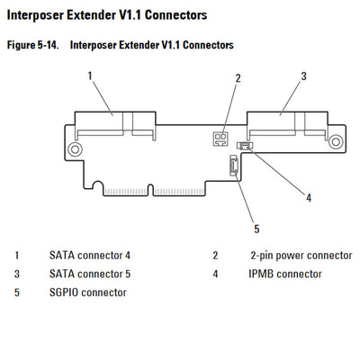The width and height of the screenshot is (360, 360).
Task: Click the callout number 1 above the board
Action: [x=91, y=76]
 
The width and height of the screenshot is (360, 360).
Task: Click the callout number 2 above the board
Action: [x=238, y=78]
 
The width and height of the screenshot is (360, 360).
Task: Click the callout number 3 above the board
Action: [x=303, y=76]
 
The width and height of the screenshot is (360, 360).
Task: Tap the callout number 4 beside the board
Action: [x=308, y=197]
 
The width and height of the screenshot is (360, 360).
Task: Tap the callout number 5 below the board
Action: [x=256, y=228]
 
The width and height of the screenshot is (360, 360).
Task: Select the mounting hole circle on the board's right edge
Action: [x=335, y=140]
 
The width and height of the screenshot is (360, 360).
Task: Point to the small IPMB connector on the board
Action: [x=244, y=146]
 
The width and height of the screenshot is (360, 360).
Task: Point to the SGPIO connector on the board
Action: [x=233, y=166]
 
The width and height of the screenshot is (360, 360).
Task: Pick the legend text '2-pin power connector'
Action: [x=301, y=256]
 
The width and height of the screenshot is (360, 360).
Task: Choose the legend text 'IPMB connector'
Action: [x=285, y=274]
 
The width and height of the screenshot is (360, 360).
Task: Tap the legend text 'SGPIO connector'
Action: [x=87, y=292]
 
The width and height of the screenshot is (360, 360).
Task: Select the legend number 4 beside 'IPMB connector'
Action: [x=216, y=274]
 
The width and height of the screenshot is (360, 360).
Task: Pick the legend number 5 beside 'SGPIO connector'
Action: [x=17, y=292]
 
